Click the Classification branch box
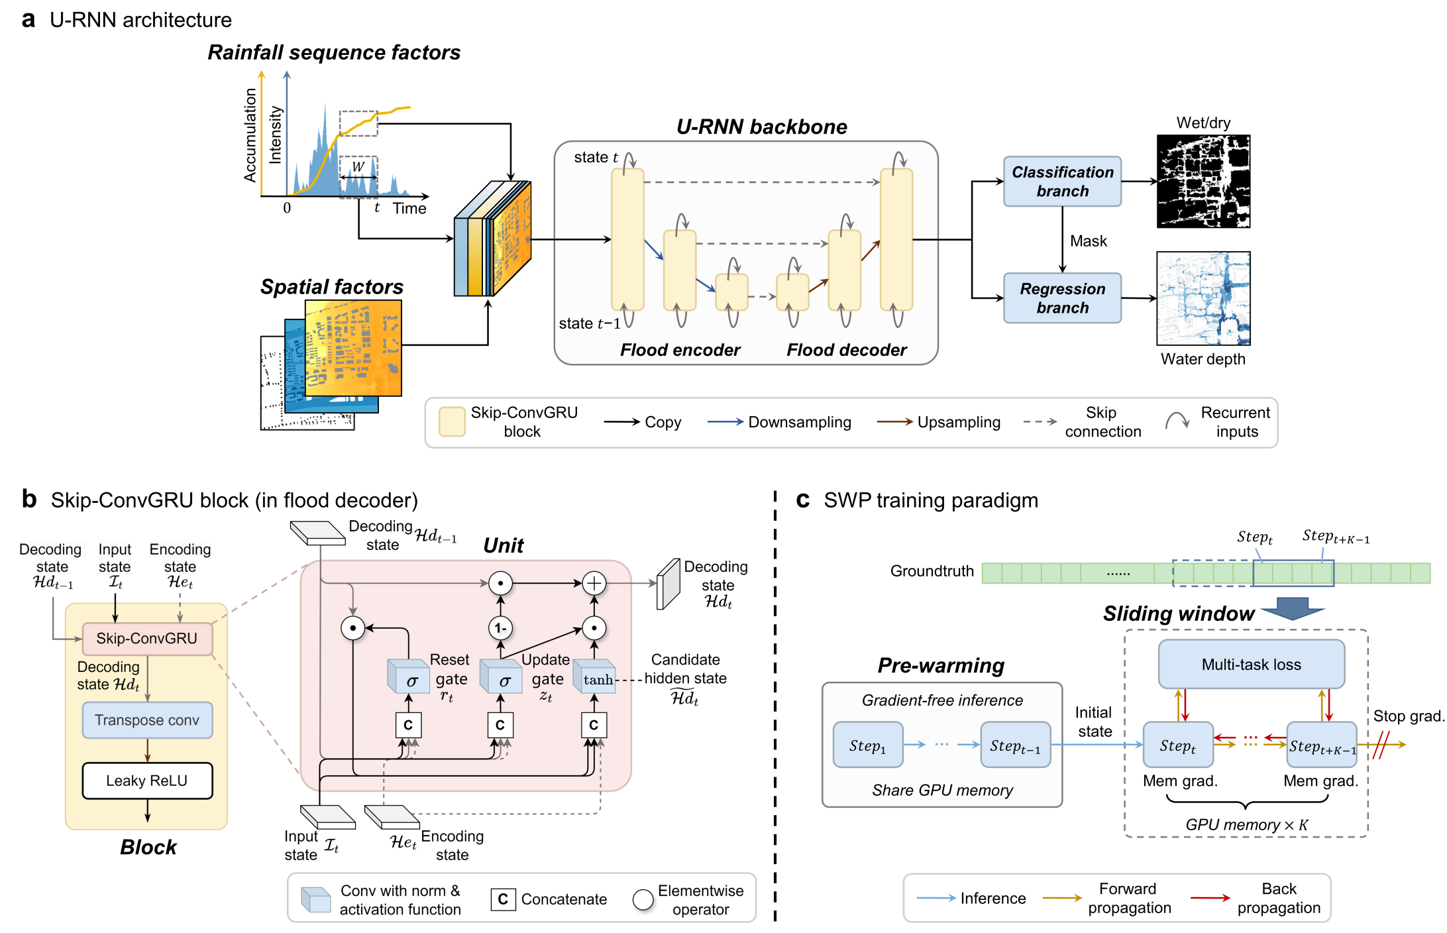pyautogui.click(x=1062, y=182)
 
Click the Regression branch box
pyautogui.click(x=1062, y=298)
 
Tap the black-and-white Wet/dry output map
pyautogui.click(x=1203, y=182)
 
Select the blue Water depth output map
pyautogui.click(x=1203, y=298)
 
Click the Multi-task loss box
pyautogui.click(x=1251, y=664)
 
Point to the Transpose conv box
pyautogui.click(x=147, y=720)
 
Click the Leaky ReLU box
pyautogui.click(x=147, y=781)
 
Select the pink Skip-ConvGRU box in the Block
pyautogui.click(x=147, y=638)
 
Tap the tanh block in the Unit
pyautogui.click(x=595, y=679)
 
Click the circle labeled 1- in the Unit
pyautogui.click(x=500, y=628)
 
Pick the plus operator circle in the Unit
pyautogui.click(x=594, y=583)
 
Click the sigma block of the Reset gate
pyautogui.click(x=408, y=679)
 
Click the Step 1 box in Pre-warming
pyautogui.click(x=868, y=745)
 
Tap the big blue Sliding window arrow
pyautogui.click(x=1292, y=608)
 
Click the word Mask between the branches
pyautogui.click(x=1089, y=241)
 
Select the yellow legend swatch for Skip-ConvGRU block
pyautogui.click(x=452, y=422)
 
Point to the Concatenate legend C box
pyautogui.click(x=503, y=899)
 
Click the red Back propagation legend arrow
pyautogui.click(x=1210, y=898)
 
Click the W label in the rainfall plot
pyautogui.click(x=358, y=167)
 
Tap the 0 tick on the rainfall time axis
pyautogui.click(x=287, y=207)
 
